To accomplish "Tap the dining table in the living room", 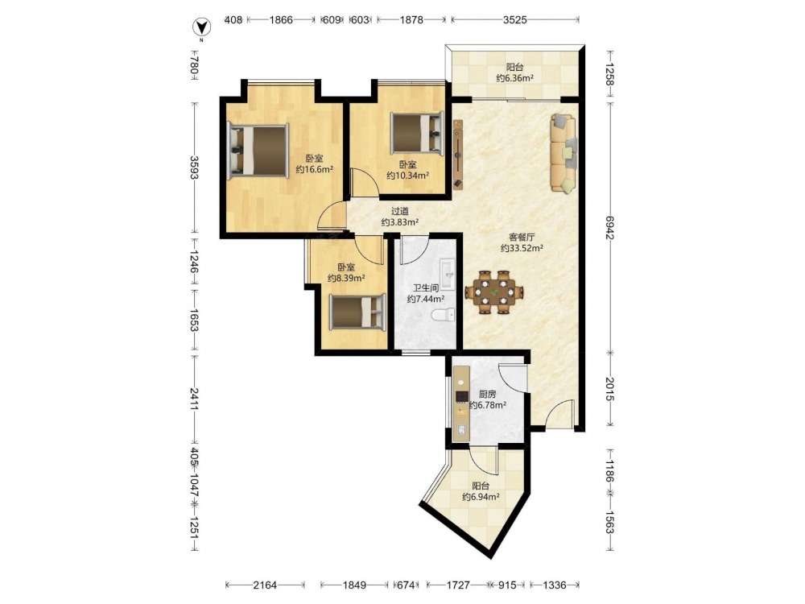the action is point(494,292).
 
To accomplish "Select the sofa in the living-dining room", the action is point(563,154).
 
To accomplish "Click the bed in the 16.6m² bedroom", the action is point(258,151).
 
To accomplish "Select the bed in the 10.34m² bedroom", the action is point(417,133).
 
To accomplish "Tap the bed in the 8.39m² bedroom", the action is point(357,312).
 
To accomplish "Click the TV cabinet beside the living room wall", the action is point(458,154).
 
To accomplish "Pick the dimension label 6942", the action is point(609,227).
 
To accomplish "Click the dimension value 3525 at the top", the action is point(515,20).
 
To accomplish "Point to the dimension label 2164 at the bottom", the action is point(265,585).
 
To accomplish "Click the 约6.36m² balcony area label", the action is point(515,78).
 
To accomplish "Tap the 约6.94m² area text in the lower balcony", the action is point(481,497).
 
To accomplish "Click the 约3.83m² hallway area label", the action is point(400,222).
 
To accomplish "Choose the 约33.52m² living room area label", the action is point(522,248).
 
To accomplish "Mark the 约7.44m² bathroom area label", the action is point(426,299).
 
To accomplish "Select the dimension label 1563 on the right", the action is point(609,523).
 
